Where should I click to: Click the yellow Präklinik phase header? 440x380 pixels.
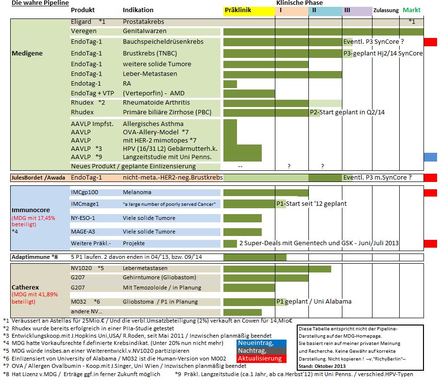tap(248, 10)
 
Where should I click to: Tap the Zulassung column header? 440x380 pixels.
tap(386, 10)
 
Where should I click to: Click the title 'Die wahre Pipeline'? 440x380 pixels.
tap(33, 3)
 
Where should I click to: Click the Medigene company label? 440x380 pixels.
tap(27, 53)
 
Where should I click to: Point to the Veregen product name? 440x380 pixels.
tap(83, 31)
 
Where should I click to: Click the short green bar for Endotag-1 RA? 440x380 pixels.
tap(230, 84)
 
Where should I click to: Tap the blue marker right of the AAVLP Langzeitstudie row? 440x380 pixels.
tap(430, 157)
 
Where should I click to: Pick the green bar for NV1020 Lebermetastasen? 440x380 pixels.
tap(277, 269)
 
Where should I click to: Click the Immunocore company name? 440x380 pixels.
tap(31, 210)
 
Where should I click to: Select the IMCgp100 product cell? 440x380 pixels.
tap(85, 192)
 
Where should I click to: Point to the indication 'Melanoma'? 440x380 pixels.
tap(137, 192)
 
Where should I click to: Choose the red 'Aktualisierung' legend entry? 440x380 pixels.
tap(260, 359)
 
